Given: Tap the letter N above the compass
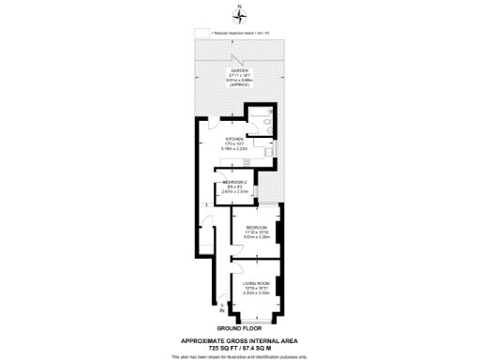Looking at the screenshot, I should coord(239,7).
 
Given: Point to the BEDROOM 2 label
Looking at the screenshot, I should coord(233,181).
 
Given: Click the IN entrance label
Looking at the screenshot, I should coord(221,308).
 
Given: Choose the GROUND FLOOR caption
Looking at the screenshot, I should coord(238,328).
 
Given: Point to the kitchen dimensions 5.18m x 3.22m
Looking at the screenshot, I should coord(232,150).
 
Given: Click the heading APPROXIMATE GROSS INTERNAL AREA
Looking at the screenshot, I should coord(239,339).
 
